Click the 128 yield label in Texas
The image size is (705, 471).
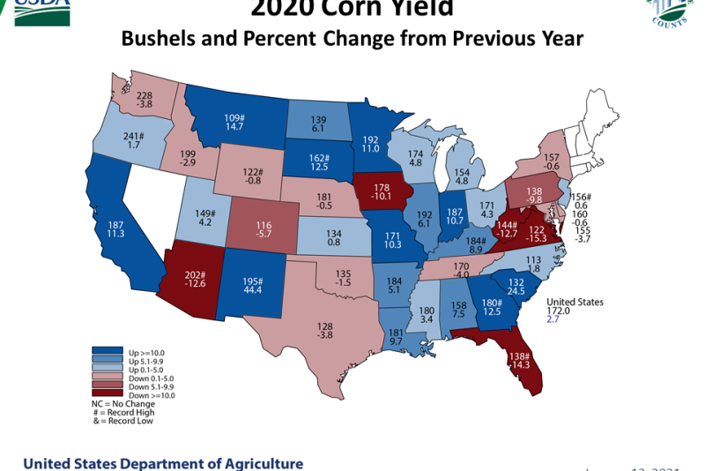pyautogui.click(x=326, y=325)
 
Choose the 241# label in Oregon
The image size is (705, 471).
pyautogui.click(x=135, y=137)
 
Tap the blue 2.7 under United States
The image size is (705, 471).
pyautogui.click(x=553, y=321)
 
